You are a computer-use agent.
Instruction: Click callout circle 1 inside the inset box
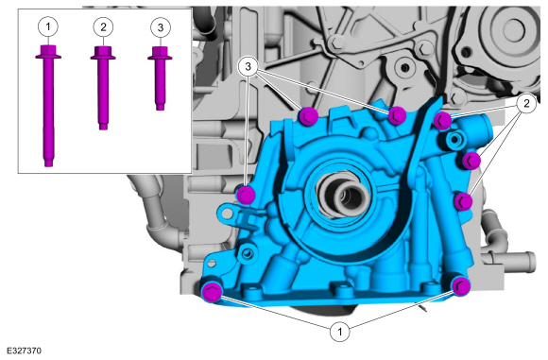click(x=48, y=26)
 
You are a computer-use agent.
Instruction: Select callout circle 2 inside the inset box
click(x=103, y=26)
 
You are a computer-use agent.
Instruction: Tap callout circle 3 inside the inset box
click(x=161, y=27)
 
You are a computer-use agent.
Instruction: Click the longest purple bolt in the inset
click(x=48, y=106)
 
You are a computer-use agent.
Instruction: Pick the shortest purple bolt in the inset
click(x=160, y=78)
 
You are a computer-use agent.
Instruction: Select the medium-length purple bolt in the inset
click(x=103, y=88)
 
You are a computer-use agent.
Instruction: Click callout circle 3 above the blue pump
click(x=248, y=66)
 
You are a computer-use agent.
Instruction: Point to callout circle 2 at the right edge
click(x=526, y=103)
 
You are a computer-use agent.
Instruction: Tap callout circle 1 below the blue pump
click(x=340, y=331)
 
